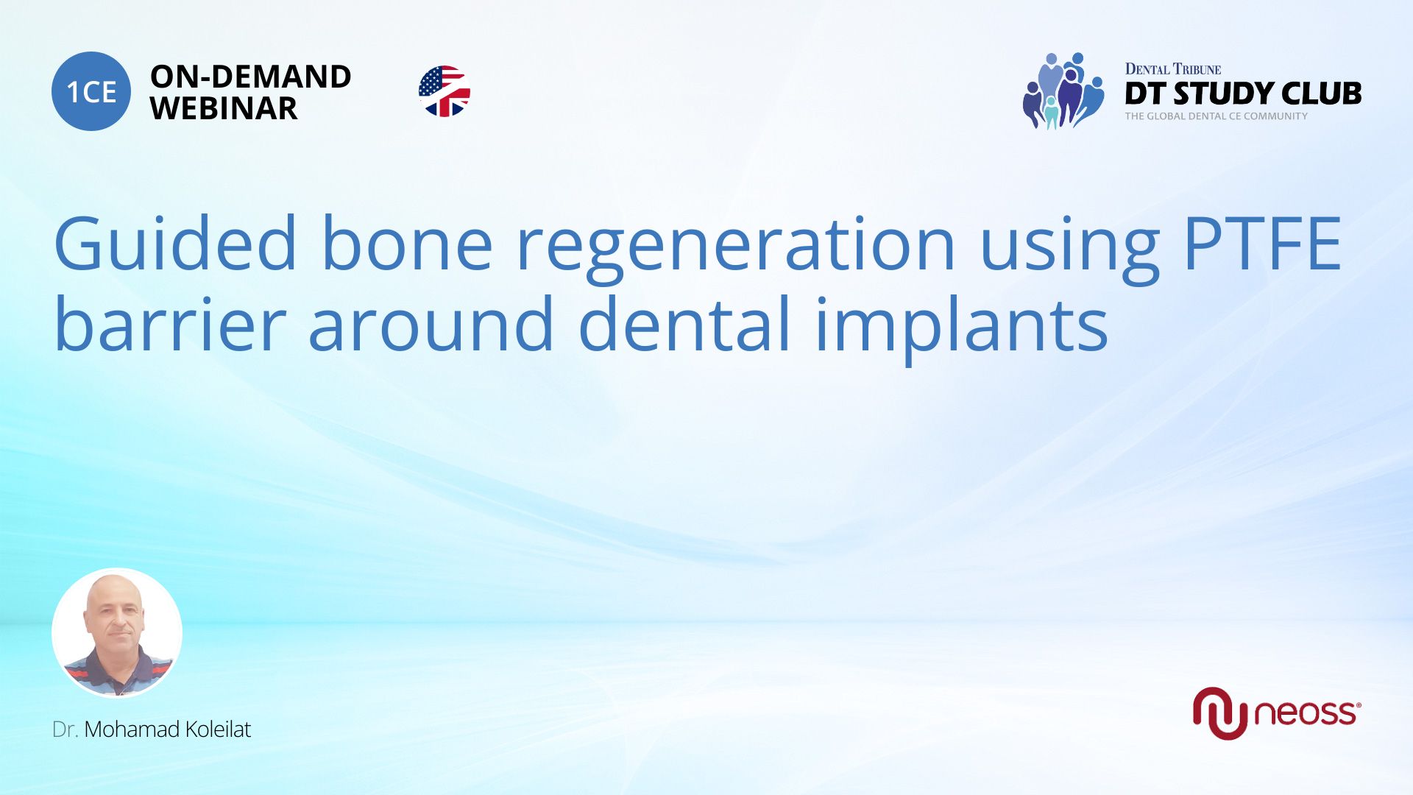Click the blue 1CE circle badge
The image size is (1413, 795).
pos(91,91)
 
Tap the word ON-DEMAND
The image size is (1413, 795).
pos(250,77)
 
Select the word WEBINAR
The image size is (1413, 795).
pos(224,109)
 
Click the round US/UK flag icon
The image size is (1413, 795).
pos(445,91)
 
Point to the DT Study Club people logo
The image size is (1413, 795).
pos(1063,91)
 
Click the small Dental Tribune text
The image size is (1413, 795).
pos(1172,69)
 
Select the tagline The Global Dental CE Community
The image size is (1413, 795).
pos(1216,116)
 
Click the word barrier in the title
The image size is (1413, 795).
pos(170,324)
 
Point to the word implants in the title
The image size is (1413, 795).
pos(961,328)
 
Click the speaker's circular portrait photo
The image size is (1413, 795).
pos(117,633)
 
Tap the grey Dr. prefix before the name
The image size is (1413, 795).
pos(65,729)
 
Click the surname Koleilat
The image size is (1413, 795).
pos(218,729)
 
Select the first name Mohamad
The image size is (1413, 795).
pos(132,729)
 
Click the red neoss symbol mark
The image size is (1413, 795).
pos(1219,713)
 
